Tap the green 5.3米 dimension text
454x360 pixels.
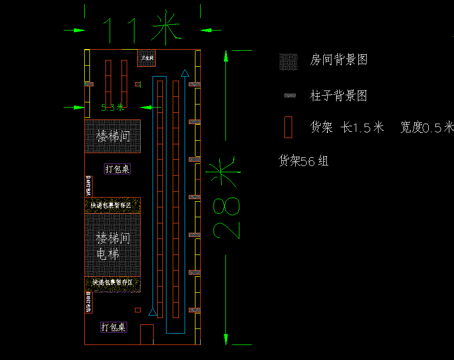(112, 108)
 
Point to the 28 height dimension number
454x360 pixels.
(226, 217)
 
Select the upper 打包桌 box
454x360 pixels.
(117, 169)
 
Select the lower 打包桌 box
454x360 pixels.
(113, 327)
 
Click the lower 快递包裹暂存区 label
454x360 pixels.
(113, 282)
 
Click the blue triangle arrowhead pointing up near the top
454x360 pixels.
(185, 73)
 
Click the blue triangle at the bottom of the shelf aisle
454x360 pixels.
(153, 312)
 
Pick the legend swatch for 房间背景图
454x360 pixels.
(289, 62)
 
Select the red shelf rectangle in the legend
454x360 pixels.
(288, 127)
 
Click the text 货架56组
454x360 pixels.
(304, 161)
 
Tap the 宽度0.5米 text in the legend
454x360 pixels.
(427, 127)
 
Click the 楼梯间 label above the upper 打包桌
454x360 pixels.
(113, 137)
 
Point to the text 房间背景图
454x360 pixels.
(339, 60)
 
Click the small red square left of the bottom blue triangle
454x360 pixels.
(138, 310)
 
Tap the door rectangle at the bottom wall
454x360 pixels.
(147, 334)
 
